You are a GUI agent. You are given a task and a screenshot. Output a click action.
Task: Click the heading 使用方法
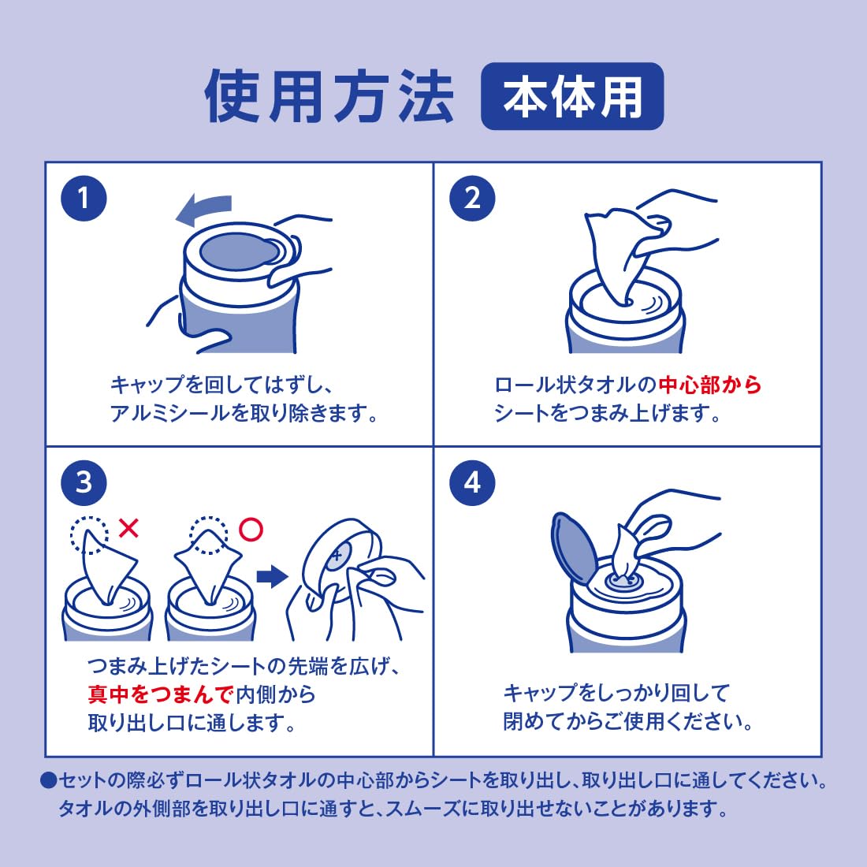pos(329,97)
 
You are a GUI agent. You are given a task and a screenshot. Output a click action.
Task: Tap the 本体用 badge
pos(572,96)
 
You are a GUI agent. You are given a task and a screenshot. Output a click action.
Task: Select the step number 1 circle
pos(84,199)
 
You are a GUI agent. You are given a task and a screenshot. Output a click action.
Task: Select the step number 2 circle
pos(472,199)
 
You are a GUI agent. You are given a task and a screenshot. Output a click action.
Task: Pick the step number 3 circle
pos(84,482)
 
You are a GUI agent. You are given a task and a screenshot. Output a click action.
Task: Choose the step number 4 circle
pos(472,482)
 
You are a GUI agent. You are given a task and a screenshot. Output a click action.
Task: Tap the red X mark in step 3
pos(128,529)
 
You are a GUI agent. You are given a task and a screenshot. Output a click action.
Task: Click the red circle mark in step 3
pos(251,529)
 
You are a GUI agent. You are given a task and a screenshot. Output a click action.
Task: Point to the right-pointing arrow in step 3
pos(272,577)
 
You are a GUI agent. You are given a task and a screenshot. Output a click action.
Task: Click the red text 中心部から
pos(710,385)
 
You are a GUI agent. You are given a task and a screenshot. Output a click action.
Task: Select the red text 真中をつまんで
pos(160,694)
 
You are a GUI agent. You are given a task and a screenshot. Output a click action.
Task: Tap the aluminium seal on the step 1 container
pos(240,251)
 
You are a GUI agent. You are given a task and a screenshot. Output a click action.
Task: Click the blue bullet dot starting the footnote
pos(49,780)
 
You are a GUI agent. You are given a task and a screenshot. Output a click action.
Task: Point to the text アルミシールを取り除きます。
pos(244,413)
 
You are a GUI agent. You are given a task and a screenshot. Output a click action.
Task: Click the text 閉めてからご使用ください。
pos(628,721)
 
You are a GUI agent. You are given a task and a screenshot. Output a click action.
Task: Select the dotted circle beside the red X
pos(89,534)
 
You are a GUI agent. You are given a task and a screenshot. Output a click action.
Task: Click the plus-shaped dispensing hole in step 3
pos(337,555)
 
